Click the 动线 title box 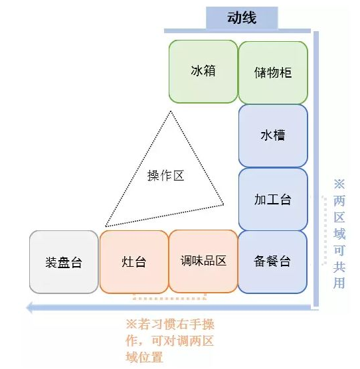click(x=242, y=18)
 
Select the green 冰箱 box click(x=203, y=72)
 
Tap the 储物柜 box click(x=273, y=73)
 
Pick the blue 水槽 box click(x=273, y=136)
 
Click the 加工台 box click(x=273, y=199)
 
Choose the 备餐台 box click(x=272, y=262)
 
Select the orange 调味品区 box click(x=203, y=261)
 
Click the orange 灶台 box click(x=134, y=262)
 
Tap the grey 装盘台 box click(x=64, y=262)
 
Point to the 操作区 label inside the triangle click(x=165, y=176)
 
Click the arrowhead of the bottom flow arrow click(x=29, y=307)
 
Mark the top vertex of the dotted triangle click(x=171, y=111)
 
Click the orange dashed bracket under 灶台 click(x=169, y=298)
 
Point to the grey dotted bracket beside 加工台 click(x=325, y=231)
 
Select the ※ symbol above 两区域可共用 click(x=339, y=184)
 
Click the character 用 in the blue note click(x=339, y=283)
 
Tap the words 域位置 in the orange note click(x=144, y=357)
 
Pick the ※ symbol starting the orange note click(x=132, y=324)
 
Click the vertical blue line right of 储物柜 click(x=316, y=169)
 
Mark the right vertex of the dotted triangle click(x=223, y=204)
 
